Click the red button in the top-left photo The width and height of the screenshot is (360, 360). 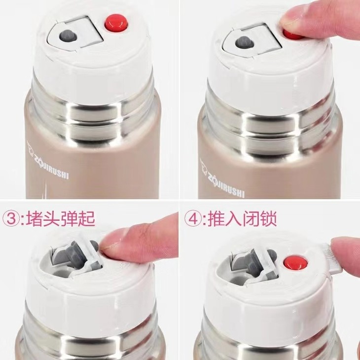coord(116,23)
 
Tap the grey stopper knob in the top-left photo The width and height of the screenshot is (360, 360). coord(68,36)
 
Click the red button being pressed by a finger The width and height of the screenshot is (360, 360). coord(293,35)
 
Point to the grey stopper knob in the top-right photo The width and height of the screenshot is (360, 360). coord(245,42)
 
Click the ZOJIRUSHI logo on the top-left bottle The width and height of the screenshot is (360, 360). coord(48,161)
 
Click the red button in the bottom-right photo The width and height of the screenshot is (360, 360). coord(295,263)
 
